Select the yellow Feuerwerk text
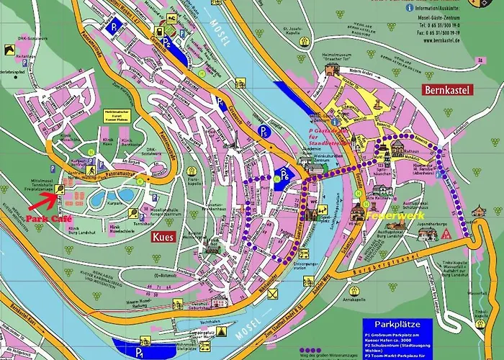pyautogui.click(x=391, y=215)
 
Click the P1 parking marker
pyautogui.click(x=138, y=351)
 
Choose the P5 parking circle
pyautogui.click(x=264, y=131)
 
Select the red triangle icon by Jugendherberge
pyautogui.click(x=447, y=234)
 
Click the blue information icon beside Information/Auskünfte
pyautogui.click(x=410, y=8)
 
